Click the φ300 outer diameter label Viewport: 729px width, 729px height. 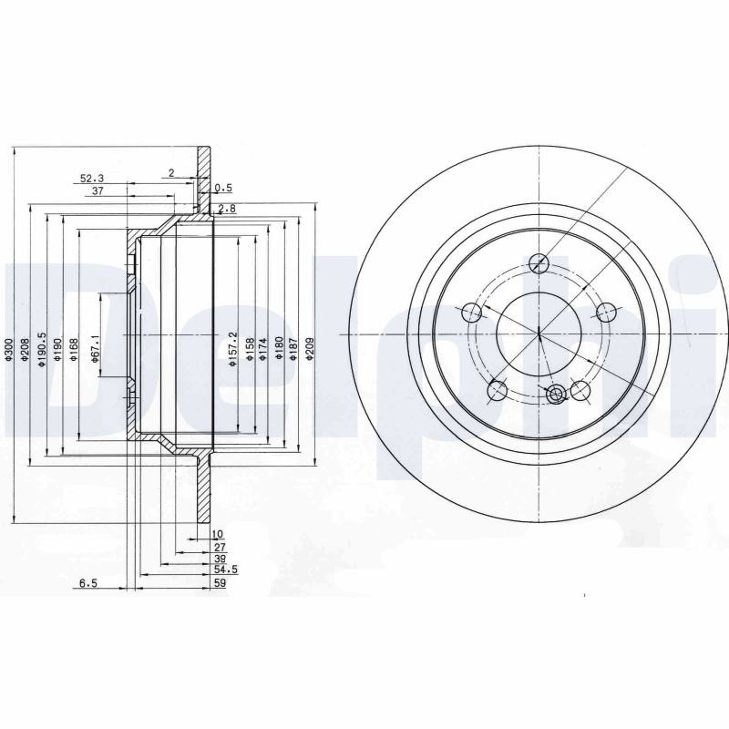coord(7,350)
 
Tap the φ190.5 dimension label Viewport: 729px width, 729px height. coord(42,350)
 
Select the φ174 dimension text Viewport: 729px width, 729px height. coord(263,350)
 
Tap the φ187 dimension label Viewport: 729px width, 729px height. coord(293,350)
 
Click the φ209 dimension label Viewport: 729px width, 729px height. coord(310,350)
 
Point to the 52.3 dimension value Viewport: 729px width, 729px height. coord(92,178)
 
